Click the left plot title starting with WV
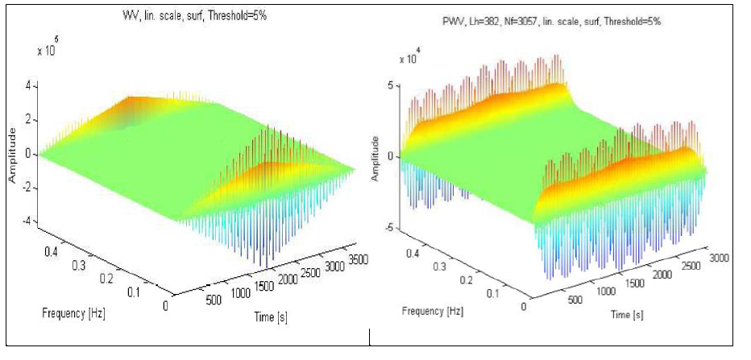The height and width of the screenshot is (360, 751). [x=189, y=14]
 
